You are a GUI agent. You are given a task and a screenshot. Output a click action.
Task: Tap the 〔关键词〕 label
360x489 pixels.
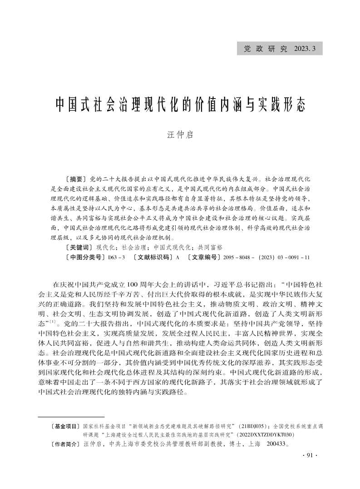pyautogui.click(x=76, y=247)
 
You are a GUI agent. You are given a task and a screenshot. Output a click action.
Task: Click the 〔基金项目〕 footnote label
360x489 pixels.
pyautogui.click(x=66, y=427)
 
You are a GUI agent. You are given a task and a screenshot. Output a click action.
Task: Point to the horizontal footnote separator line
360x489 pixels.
pyautogui.click(x=71, y=416)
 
